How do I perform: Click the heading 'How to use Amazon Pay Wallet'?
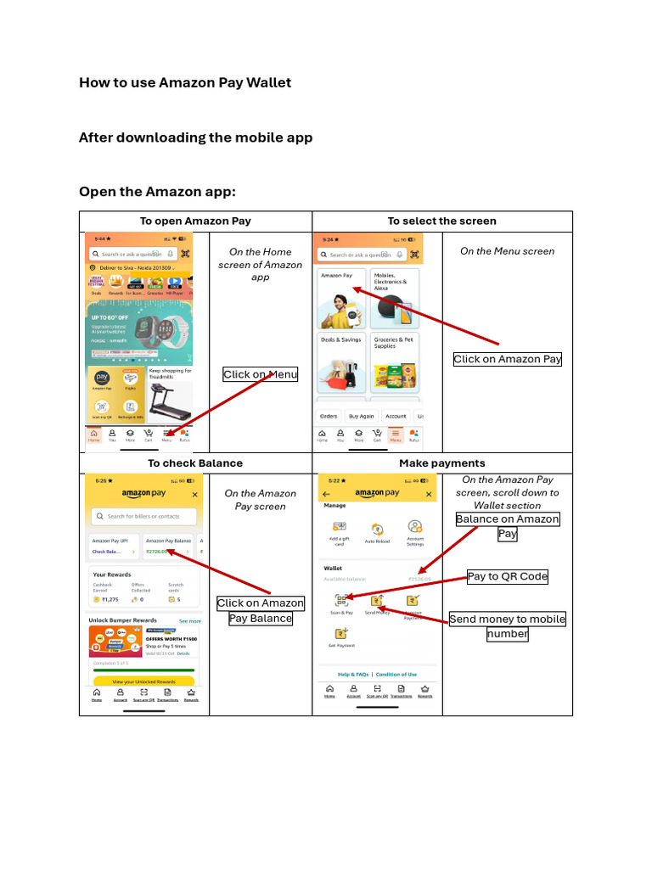(x=185, y=82)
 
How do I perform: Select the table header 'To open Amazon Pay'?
(x=195, y=221)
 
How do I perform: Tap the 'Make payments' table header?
(x=442, y=463)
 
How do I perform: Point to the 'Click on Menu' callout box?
(x=261, y=374)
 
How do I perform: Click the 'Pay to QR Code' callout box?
(x=508, y=576)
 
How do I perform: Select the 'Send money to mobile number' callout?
(x=507, y=626)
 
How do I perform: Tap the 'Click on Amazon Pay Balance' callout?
(x=260, y=610)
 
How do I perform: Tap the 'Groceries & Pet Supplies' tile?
(x=395, y=364)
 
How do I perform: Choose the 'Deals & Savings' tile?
(x=341, y=364)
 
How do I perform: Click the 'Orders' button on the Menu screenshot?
(x=329, y=416)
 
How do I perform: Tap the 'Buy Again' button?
(x=361, y=416)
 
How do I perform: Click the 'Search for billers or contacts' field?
(x=144, y=516)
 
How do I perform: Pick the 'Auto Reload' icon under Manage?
(x=377, y=533)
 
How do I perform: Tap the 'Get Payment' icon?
(x=340, y=636)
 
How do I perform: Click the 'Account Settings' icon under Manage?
(x=414, y=533)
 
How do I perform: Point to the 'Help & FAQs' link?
(x=353, y=674)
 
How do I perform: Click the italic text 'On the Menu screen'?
(x=507, y=251)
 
